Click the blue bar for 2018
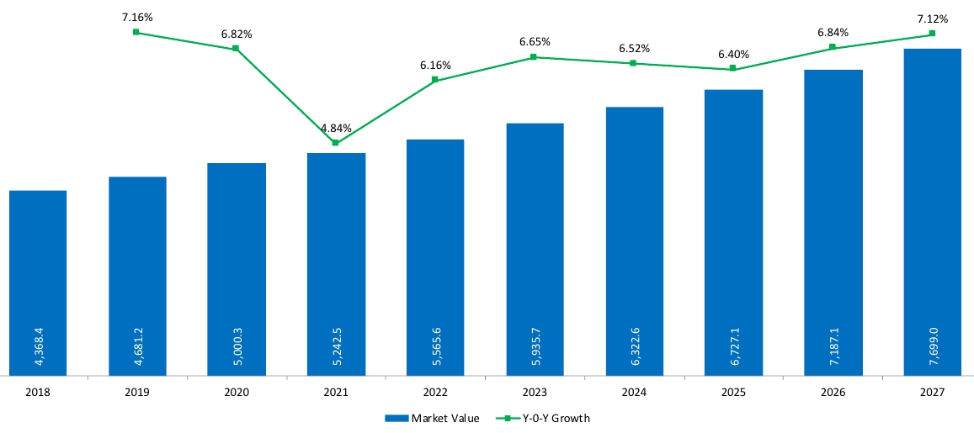tap(38, 283)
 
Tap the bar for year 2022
tap(435, 257)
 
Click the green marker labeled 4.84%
tap(336, 143)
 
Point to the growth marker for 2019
tap(136, 32)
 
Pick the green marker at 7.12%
tap(932, 34)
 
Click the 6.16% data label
tap(435, 65)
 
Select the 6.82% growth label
tap(236, 34)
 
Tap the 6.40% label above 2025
tap(733, 55)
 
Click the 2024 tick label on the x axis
tap(634, 392)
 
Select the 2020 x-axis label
tap(237, 392)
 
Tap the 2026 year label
tap(833, 392)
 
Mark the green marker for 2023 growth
tap(534, 57)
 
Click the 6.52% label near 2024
tap(634, 49)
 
